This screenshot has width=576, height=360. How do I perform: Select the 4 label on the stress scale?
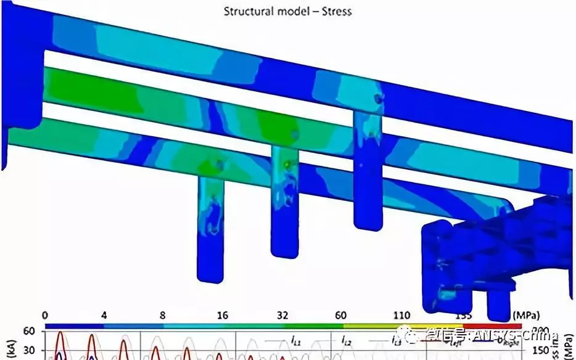[x=104, y=315]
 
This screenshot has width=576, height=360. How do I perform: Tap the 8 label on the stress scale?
[x=162, y=315]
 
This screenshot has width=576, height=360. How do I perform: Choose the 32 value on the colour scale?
[x=282, y=315]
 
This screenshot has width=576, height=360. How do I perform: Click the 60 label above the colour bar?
[x=340, y=315]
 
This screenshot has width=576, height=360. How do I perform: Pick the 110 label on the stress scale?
[x=401, y=315]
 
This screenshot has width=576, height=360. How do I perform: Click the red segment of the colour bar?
[x=493, y=325]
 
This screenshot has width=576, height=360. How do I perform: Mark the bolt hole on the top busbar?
[x=377, y=97]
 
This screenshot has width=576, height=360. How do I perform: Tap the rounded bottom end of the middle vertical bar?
[x=284, y=251]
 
